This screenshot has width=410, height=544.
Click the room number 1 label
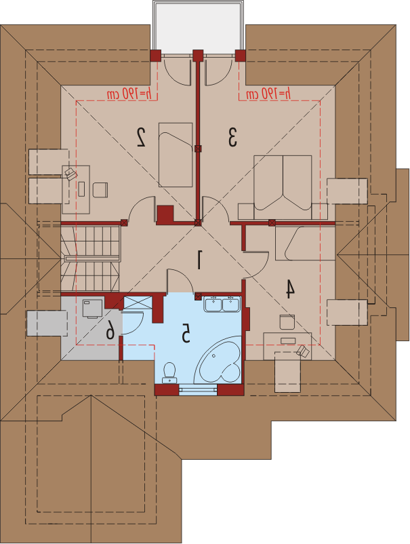(199, 260)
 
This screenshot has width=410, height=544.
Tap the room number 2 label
(141, 137)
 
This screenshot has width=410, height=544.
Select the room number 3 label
(232, 137)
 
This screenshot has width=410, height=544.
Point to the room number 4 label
(290, 289)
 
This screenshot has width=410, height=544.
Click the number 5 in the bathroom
(186, 334)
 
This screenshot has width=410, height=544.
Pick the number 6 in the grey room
(110, 329)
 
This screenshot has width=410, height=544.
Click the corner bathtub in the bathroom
(218, 360)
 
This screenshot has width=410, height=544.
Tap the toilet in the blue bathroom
(169, 373)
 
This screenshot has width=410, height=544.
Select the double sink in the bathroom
(222, 304)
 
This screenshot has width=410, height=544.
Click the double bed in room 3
(283, 187)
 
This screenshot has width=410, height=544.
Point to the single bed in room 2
(176, 155)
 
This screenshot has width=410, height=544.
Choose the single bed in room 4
(305, 244)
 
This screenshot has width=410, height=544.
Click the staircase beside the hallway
(90, 258)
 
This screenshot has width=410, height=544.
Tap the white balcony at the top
(199, 28)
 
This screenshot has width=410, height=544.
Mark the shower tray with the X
(138, 303)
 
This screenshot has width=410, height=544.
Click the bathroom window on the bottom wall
(198, 390)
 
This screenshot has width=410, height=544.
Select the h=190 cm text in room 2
(129, 94)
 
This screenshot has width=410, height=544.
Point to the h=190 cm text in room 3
(268, 94)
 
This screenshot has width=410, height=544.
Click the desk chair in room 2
(100, 190)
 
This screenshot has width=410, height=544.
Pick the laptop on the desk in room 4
(302, 351)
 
